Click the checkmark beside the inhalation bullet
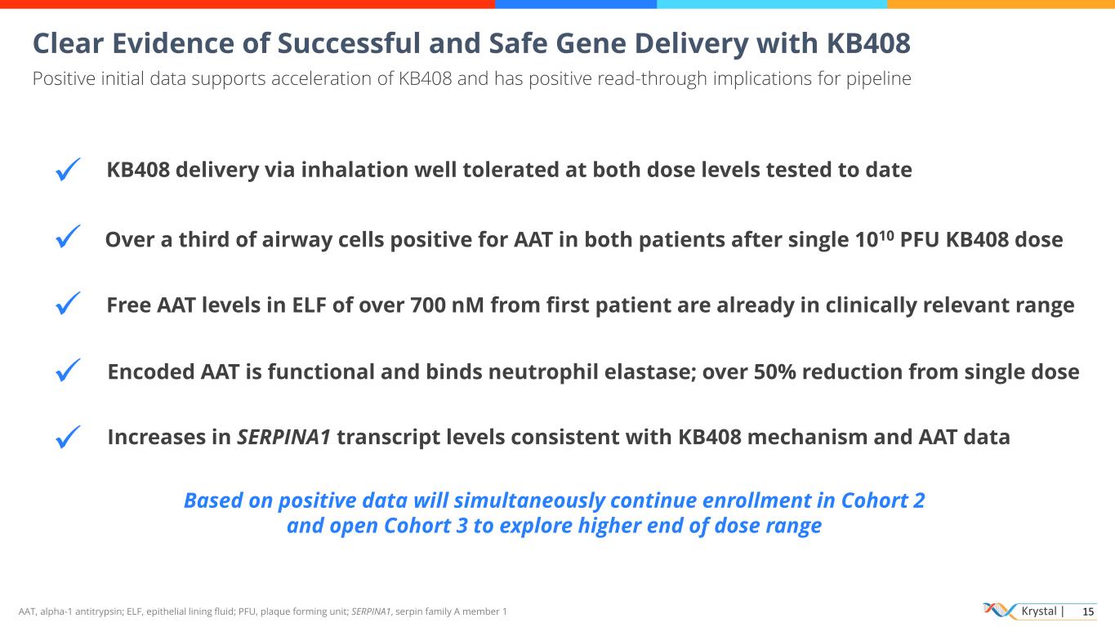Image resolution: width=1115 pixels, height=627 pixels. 68,169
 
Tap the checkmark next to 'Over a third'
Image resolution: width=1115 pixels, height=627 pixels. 68,236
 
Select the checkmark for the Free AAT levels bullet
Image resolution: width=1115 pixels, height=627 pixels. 68,303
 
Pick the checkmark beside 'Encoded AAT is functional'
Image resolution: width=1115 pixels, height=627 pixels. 68,370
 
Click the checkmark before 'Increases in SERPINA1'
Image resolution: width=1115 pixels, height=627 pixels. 68,437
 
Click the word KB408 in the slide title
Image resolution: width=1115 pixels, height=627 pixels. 868,42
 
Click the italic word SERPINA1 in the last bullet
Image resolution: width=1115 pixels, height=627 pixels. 283,437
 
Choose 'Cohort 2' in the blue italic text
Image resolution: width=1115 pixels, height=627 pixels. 882,500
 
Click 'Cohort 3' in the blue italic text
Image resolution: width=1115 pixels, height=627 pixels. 426,526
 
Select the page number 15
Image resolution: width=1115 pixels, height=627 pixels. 1088,611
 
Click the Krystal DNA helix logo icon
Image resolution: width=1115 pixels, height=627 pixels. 1000,611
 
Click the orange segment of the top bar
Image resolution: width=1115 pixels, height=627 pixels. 1001,4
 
